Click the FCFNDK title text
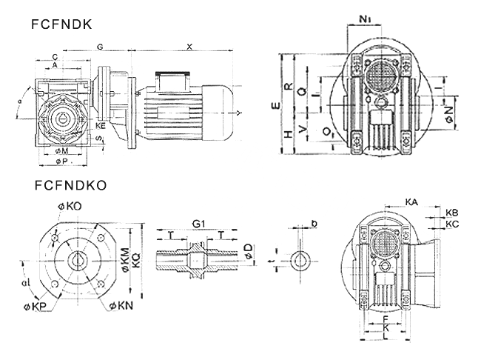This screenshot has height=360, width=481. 61,24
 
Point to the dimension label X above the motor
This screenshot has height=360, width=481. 189,47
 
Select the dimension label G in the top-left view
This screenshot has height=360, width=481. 99,47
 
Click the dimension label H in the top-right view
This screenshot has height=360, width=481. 288,136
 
